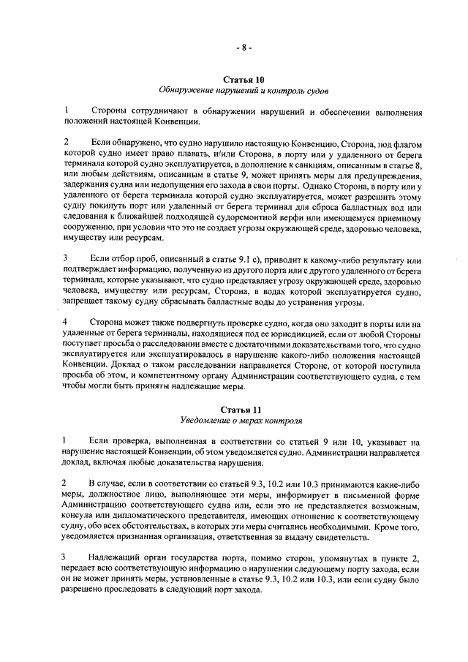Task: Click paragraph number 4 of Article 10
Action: (x=66, y=322)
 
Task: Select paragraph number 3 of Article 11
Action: (x=66, y=577)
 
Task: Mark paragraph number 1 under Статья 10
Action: (x=66, y=110)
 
